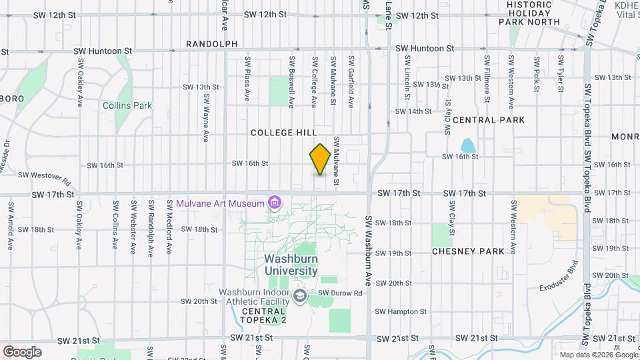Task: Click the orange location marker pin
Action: pyautogui.click(x=320, y=159)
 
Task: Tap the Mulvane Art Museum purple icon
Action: pyautogui.click(x=274, y=202)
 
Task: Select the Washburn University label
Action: pyautogui.click(x=291, y=265)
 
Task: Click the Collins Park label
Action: pyautogui.click(x=127, y=105)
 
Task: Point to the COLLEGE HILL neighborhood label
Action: pyautogui.click(x=281, y=133)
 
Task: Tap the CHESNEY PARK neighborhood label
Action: pyautogui.click(x=468, y=251)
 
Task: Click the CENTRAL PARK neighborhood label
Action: pyautogui.click(x=489, y=120)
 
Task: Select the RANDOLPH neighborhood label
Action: pyautogui.click(x=211, y=44)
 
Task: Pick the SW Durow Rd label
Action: pyautogui.click(x=339, y=293)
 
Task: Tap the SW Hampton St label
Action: pyautogui.click(x=400, y=311)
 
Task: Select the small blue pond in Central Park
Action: pyautogui.click(x=468, y=145)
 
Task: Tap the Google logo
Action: pyautogui.click(x=22, y=352)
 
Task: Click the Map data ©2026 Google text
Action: pyautogui.click(x=597, y=355)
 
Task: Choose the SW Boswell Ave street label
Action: pyautogui.click(x=291, y=81)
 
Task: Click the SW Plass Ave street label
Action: pyautogui.click(x=247, y=79)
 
